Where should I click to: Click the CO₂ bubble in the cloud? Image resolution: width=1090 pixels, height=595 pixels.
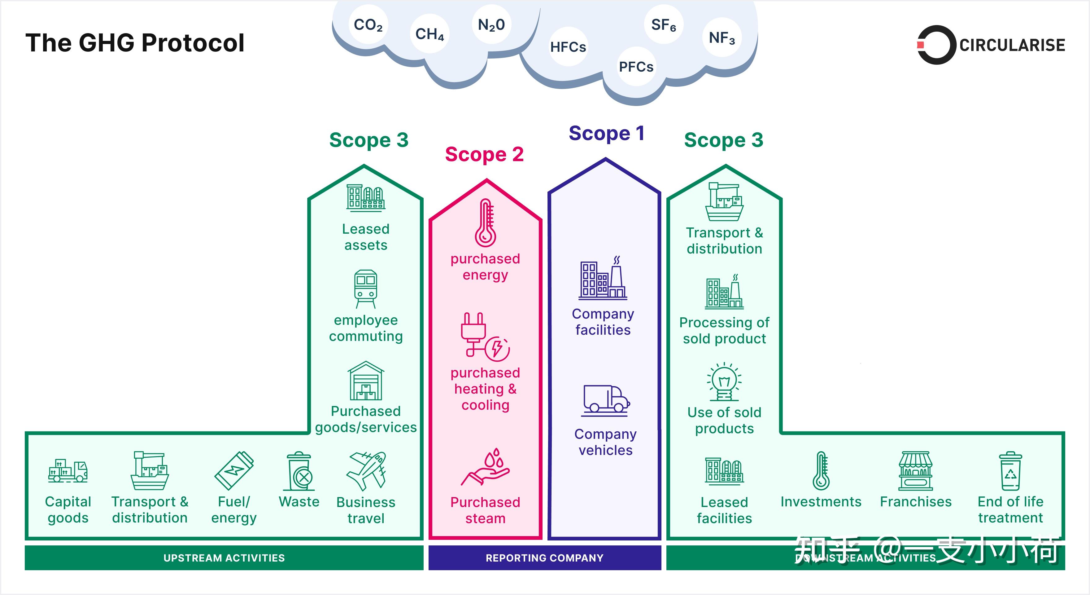click(x=368, y=24)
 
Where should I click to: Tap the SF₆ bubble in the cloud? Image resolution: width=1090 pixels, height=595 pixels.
click(x=663, y=24)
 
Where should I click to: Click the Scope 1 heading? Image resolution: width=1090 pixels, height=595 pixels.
click(x=606, y=133)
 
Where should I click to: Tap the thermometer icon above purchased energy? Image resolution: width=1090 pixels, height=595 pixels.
click(x=485, y=223)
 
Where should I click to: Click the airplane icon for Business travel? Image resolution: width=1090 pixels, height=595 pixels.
click(x=366, y=470)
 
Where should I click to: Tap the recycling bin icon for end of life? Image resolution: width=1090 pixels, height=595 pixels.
click(x=1010, y=471)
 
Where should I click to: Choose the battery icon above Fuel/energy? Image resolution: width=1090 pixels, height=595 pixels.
click(x=234, y=470)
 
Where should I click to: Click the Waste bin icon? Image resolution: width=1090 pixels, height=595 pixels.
click(x=299, y=471)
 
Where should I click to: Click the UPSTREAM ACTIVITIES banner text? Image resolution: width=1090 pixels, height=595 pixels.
click(x=224, y=558)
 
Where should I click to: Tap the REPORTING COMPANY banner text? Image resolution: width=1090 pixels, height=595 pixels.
click(x=545, y=558)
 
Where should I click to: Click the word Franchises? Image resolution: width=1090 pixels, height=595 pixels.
click(x=916, y=501)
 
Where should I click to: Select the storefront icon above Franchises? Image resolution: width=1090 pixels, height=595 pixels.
click(x=916, y=470)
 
